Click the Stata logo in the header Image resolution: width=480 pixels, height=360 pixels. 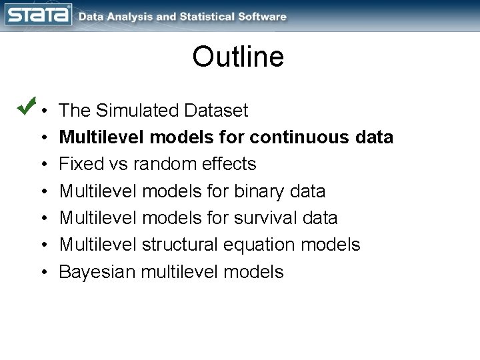pos(39,15)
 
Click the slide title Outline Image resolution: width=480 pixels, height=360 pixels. pos(238,57)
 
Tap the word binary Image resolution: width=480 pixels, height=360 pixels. pos(258,191)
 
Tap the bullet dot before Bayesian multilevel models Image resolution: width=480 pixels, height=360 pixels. pos(43,273)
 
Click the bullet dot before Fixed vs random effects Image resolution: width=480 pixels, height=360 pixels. pos(43,165)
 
